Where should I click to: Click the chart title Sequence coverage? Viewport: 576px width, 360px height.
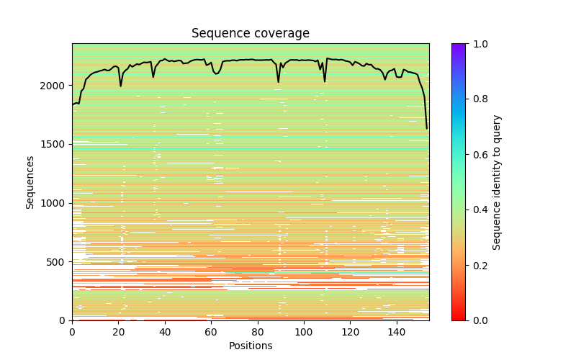[x=250, y=34]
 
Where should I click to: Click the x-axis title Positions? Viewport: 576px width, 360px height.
[x=250, y=346]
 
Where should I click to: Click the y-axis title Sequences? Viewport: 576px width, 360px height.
[x=30, y=181]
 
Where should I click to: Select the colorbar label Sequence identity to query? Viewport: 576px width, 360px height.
[x=497, y=181]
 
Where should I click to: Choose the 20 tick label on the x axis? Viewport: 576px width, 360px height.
[x=118, y=332]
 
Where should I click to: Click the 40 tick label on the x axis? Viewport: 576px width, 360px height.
[x=165, y=332]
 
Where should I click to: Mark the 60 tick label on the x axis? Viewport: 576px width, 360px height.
[x=211, y=332]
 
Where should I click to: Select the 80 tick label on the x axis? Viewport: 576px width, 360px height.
[x=258, y=332]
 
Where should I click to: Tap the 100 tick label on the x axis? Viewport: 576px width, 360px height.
[x=304, y=332]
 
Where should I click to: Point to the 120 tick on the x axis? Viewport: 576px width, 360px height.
[x=351, y=332]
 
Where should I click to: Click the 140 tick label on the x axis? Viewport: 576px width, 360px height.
[x=397, y=332]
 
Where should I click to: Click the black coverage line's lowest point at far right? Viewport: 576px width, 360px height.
[x=427, y=128]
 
